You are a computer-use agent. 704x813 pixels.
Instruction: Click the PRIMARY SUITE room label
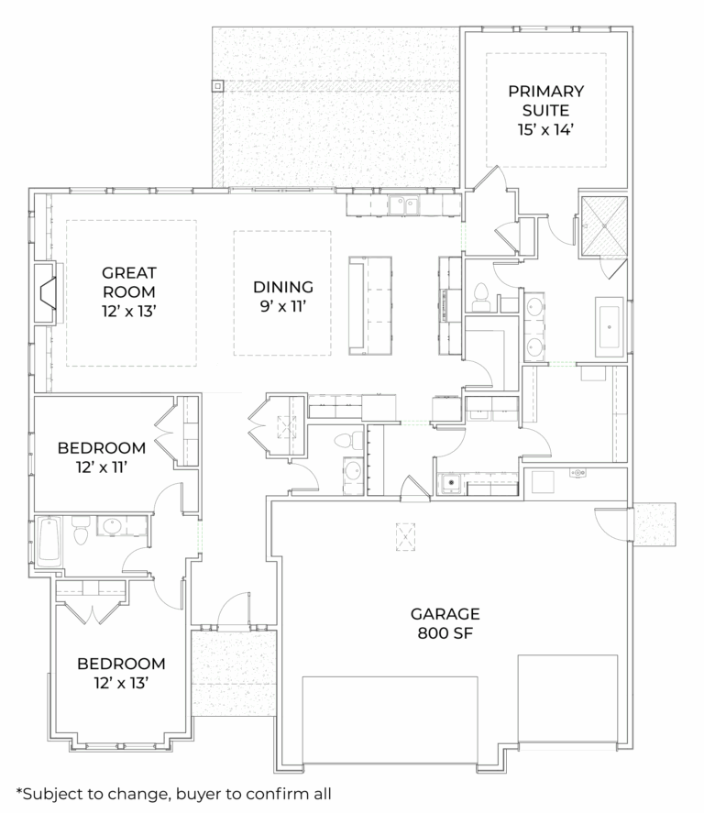click(545, 110)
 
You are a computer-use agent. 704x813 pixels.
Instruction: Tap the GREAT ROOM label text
click(129, 291)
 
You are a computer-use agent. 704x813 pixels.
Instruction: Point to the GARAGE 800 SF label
click(445, 623)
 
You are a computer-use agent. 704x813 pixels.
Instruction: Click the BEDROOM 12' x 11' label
click(101, 457)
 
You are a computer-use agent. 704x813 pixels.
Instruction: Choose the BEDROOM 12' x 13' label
click(121, 673)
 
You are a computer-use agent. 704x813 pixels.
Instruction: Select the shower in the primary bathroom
click(603, 225)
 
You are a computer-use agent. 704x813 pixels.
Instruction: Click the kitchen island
click(369, 304)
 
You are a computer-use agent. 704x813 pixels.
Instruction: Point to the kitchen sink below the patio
click(402, 205)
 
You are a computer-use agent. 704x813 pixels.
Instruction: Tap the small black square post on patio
click(218, 87)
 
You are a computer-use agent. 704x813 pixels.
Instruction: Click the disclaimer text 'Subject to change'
click(173, 793)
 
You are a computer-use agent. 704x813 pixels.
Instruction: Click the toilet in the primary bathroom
click(479, 295)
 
